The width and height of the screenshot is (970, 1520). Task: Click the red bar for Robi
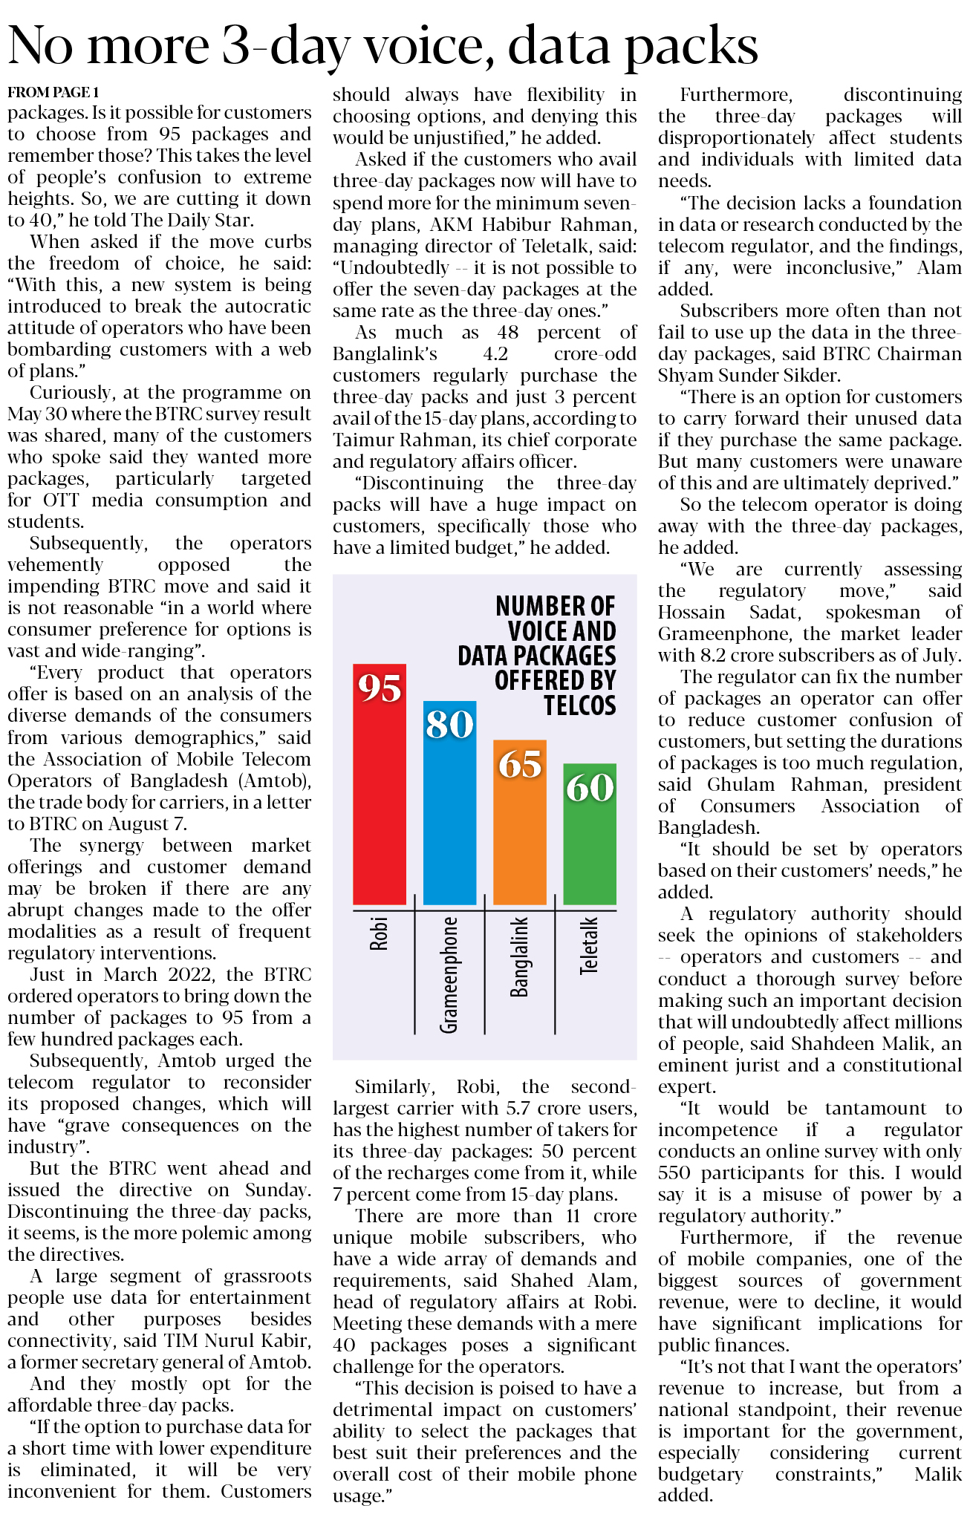coord(379,802)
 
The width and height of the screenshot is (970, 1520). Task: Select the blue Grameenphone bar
coord(449,817)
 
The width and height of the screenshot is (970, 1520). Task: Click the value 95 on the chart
coord(380,688)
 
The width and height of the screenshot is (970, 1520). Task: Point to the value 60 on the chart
coord(590,787)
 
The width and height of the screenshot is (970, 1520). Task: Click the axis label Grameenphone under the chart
coord(449,975)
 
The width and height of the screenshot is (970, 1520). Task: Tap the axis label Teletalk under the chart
coord(589,945)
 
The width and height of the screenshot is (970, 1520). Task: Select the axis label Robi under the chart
coord(379,934)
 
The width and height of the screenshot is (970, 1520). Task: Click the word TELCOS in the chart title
coord(579,705)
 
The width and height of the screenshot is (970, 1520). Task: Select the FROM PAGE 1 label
coord(53,92)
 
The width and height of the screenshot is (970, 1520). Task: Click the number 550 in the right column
coord(674,1173)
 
